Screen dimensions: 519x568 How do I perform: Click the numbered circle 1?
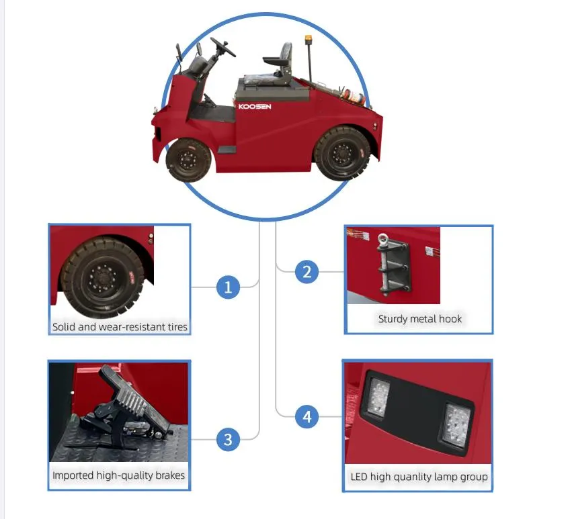click(228, 288)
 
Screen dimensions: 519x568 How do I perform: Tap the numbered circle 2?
click(307, 272)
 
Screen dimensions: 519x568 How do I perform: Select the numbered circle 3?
click(228, 440)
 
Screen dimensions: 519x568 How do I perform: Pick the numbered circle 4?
click(307, 416)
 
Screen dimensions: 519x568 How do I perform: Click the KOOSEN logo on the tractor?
click(255, 106)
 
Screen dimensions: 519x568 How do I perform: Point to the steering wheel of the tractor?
click(222, 47)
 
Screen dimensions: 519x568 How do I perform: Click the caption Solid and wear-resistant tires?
click(120, 328)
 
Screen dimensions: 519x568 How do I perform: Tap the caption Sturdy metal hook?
click(419, 319)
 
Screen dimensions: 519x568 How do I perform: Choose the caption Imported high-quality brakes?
click(118, 475)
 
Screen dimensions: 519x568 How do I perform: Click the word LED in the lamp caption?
click(360, 477)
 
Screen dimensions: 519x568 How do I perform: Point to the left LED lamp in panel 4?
click(376, 396)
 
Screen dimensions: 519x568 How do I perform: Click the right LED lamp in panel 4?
click(455, 424)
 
